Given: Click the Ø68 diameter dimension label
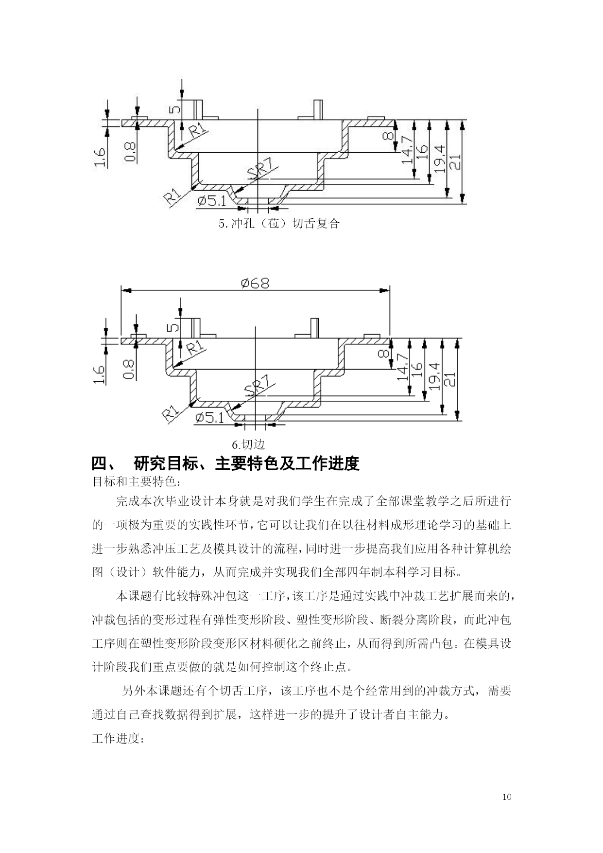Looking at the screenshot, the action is tap(255, 283).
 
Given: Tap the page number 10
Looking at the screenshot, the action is tap(507, 797).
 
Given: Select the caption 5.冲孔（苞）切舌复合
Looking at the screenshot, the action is tap(279, 224).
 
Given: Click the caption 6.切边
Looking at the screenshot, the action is tap(248, 444).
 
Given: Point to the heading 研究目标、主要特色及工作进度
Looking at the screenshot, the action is tap(246, 463).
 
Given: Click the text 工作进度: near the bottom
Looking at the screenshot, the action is tap(117, 739).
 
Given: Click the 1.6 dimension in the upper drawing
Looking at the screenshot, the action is tap(100, 158).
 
